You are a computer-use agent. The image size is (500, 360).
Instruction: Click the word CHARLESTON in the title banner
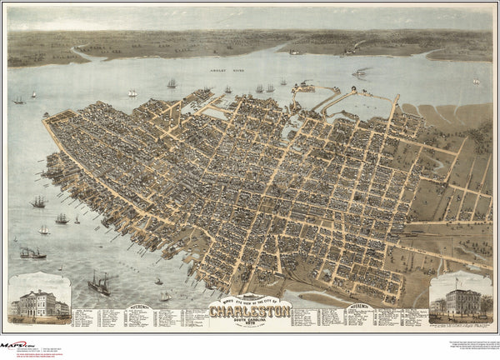pyautogui.click(x=250, y=312)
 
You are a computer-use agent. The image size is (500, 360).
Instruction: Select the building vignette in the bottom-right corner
pyautogui.click(x=460, y=299)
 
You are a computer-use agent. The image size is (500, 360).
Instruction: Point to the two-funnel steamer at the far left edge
pyautogui.click(x=32, y=252)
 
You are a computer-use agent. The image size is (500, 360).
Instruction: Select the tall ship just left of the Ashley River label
pyautogui.click(x=171, y=83)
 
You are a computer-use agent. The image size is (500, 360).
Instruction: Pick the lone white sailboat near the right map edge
pyautogui.click(x=476, y=81)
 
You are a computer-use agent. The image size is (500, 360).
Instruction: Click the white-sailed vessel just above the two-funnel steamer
pyautogui.click(x=42, y=229)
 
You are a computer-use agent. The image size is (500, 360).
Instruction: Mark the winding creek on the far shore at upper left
pyautogui.click(x=79, y=52)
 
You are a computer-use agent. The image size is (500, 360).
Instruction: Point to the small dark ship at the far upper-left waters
pyautogui.click(x=18, y=100)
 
